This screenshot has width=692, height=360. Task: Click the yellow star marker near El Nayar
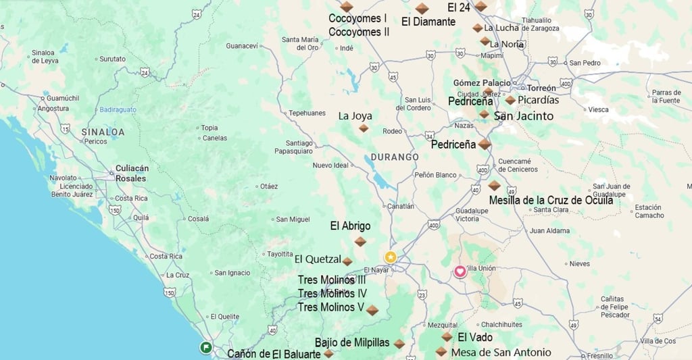click(391, 257)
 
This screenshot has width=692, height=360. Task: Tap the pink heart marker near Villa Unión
click(460, 272)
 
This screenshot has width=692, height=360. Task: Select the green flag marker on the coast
click(205, 347)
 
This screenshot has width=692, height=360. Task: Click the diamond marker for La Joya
click(364, 128)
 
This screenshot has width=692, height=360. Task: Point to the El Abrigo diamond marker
click(360, 241)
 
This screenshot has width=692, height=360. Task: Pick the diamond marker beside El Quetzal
click(347, 261)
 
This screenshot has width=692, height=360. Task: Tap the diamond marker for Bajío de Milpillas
click(399, 344)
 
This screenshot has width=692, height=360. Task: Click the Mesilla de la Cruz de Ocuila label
click(551, 200)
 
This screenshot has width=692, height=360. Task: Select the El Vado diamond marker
click(447, 336)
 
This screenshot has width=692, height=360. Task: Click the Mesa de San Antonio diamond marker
click(441, 351)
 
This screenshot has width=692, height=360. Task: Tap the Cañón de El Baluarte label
click(274, 353)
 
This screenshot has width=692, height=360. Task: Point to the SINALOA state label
click(103, 132)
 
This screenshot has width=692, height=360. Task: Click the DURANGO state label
click(395, 157)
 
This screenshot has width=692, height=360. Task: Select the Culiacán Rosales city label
click(131, 174)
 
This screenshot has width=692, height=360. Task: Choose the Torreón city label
click(541, 88)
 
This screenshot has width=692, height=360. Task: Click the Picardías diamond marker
click(510, 100)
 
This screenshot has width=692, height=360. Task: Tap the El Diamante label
click(428, 22)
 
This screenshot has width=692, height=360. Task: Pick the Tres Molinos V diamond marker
click(372, 310)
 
